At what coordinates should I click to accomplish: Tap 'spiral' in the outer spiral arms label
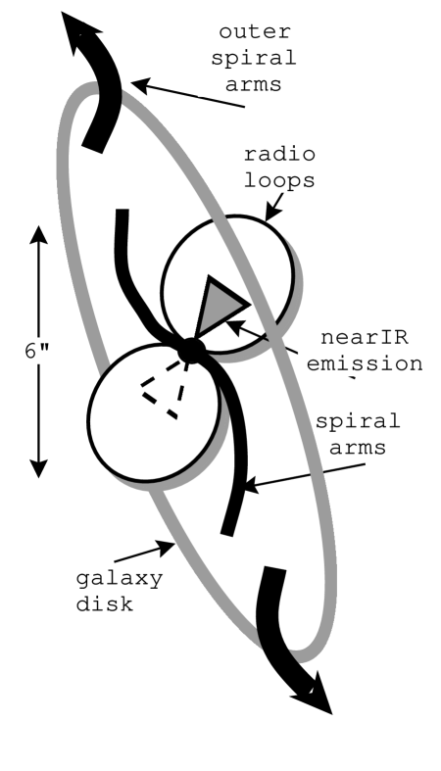click(x=254, y=57)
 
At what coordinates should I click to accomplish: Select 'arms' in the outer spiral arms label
click(x=254, y=83)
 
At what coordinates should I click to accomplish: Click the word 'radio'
click(x=278, y=155)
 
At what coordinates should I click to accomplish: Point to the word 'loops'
click(x=278, y=180)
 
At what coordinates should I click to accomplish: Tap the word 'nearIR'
click(x=364, y=338)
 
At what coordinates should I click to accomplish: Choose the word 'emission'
click(x=364, y=363)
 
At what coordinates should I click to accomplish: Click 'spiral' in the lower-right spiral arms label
click(x=358, y=422)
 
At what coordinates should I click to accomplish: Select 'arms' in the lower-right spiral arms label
click(x=358, y=448)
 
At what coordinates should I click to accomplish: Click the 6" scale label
click(x=38, y=351)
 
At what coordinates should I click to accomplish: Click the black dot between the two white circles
click(x=191, y=350)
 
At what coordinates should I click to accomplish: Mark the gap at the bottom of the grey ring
click(x=277, y=648)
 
